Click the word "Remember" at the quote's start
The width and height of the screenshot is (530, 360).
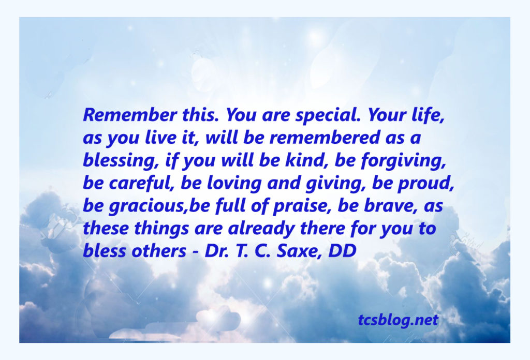tap(129, 115)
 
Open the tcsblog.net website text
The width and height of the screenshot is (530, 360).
tap(398, 320)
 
